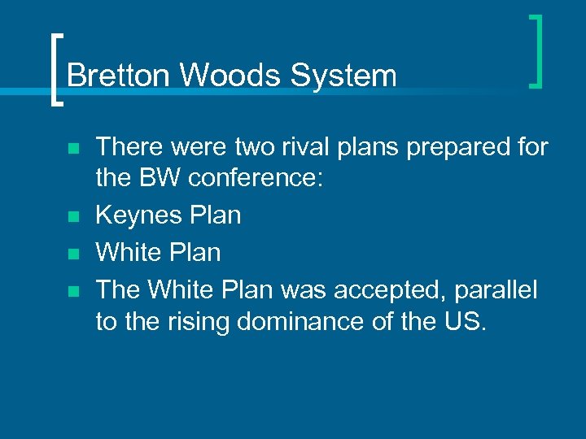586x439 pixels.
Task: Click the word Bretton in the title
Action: point(120,76)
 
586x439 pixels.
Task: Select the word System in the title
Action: point(343,76)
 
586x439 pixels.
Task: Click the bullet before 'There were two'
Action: point(73,149)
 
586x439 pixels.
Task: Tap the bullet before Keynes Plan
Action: point(73,217)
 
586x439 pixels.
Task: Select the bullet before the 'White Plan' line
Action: point(73,254)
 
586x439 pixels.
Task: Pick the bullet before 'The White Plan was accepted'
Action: point(73,289)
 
